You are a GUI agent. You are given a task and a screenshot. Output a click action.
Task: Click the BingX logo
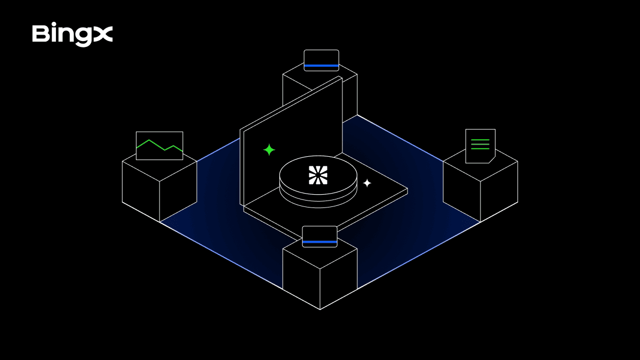click(73, 34)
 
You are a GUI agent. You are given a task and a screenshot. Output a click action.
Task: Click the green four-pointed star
click(269, 150)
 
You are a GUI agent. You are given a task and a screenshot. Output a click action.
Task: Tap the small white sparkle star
click(367, 183)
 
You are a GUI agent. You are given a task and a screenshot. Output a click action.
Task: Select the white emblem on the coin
click(318, 175)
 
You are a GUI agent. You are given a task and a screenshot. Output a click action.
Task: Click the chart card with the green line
click(159, 146)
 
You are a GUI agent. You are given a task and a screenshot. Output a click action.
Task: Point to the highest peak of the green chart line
click(149, 140)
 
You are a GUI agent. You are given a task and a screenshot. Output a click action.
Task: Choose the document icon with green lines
click(481, 146)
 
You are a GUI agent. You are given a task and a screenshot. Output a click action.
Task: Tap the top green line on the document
click(480, 140)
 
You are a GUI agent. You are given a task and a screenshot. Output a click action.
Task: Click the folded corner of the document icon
click(492, 159)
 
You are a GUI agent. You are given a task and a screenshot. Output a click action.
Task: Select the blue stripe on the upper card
click(322, 66)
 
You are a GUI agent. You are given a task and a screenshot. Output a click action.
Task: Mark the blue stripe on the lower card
click(319, 242)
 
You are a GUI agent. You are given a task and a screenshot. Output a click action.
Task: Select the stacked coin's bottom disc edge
click(318, 203)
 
